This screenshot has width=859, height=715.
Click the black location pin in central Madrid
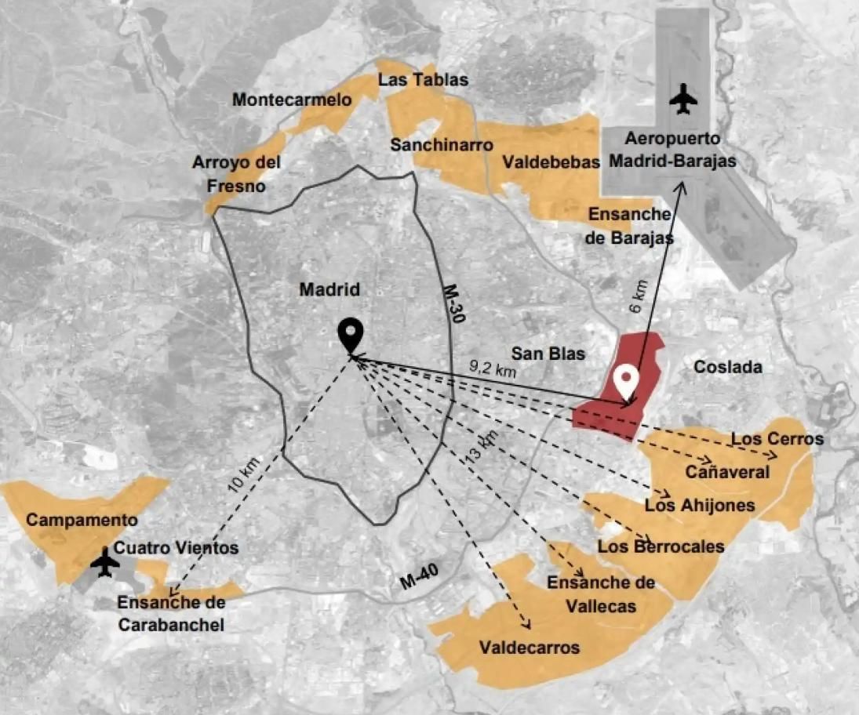coord(351,336)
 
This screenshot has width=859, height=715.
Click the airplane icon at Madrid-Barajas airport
coord(683,100)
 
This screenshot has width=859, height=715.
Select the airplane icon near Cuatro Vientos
coord(104,563)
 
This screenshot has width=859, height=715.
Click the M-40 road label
coord(418,580)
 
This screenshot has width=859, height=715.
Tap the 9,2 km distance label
coord(493,368)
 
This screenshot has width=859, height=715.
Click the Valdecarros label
coord(530,648)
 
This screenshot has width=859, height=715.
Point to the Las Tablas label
coord(423,80)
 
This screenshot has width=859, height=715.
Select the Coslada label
coord(728,367)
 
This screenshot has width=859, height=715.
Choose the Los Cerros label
coord(777,439)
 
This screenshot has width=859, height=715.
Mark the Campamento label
coord(82,520)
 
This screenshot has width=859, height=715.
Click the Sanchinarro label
coord(442,145)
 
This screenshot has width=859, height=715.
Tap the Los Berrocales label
coord(661,546)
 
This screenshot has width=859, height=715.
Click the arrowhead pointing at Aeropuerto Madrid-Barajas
coord(682,185)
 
